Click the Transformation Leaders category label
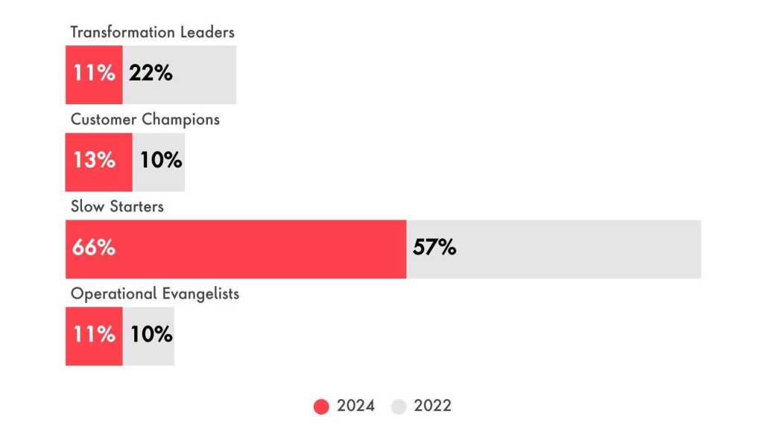pos(152,32)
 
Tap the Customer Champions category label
pos(145,119)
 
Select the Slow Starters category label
pos(117,206)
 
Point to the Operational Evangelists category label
pos(155,293)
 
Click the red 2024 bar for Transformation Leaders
pos(94,74)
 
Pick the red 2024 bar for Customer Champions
pos(98,162)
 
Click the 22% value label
pos(151,74)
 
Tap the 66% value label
pos(94,248)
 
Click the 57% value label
pos(434,248)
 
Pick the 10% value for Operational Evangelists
pos(151,335)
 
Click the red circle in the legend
pos(321,406)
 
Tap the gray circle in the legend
pos(399,406)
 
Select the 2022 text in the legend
pos(433,406)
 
